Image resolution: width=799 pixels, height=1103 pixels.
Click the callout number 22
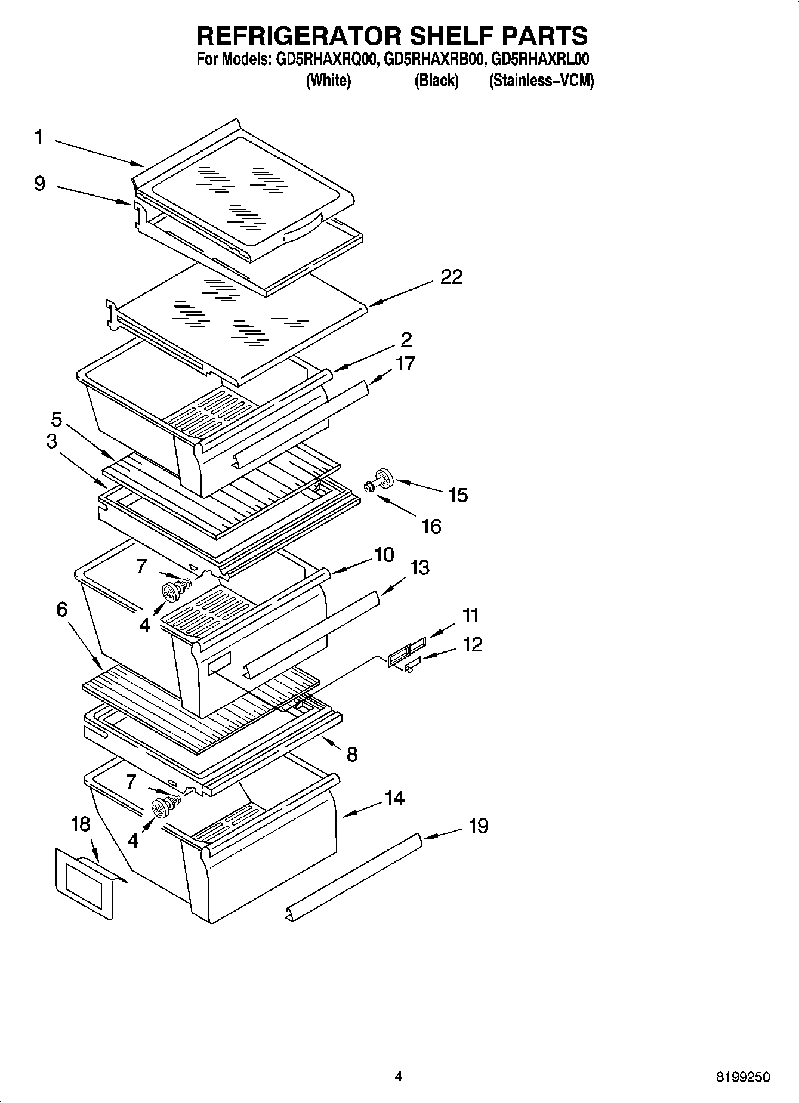[x=451, y=277]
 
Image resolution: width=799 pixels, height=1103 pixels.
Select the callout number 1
[x=38, y=138]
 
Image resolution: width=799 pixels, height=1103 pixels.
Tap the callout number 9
[x=39, y=184]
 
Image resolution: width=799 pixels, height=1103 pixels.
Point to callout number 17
[x=405, y=364]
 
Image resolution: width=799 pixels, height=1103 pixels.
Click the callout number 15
[x=458, y=496]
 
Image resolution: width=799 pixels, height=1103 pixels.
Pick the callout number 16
[x=431, y=527]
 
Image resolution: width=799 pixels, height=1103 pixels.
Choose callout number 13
[x=419, y=568]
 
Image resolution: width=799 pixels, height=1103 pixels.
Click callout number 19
[x=479, y=826]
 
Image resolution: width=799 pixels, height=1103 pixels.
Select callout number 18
[x=81, y=824]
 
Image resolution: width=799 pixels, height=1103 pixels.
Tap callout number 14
[x=394, y=798]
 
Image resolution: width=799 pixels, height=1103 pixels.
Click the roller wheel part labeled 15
[x=384, y=479]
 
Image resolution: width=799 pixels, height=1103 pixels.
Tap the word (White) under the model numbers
[x=328, y=81]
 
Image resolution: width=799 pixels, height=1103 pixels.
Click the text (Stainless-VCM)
[x=541, y=81]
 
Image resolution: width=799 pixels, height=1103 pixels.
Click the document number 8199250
[x=742, y=1077]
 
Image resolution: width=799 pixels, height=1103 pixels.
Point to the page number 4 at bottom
[x=399, y=1077]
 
